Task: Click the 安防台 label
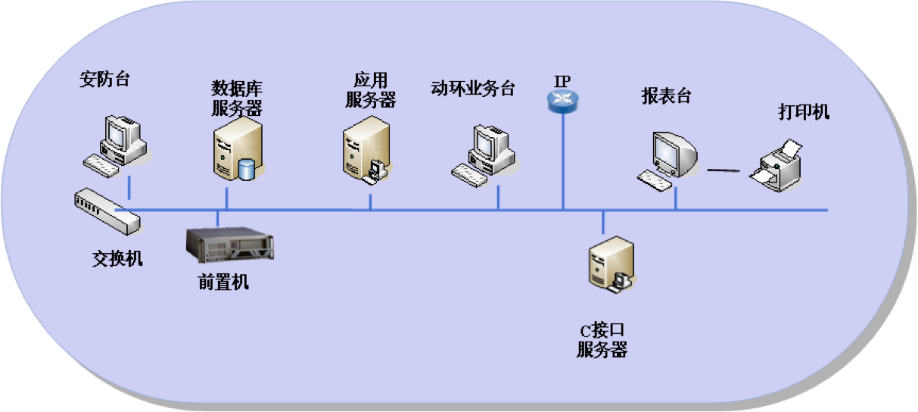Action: pyautogui.click(x=104, y=80)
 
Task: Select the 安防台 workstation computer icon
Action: pyautogui.click(x=116, y=145)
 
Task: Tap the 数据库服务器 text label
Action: pyautogui.click(x=236, y=98)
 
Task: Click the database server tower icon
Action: pyautogui.click(x=235, y=151)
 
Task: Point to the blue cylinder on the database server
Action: pyautogui.click(x=247, y=169)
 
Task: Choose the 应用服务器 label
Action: pyautogui.click(x=370, y=89)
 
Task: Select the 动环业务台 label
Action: pyautogui.click(x=472, y=89)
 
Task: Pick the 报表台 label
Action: pyautogui.click(x=666, y=96)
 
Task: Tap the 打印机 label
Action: pyautogui.click(x=804, y=113)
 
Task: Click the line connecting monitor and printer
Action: pyautogui.click(x=723, y=170)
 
